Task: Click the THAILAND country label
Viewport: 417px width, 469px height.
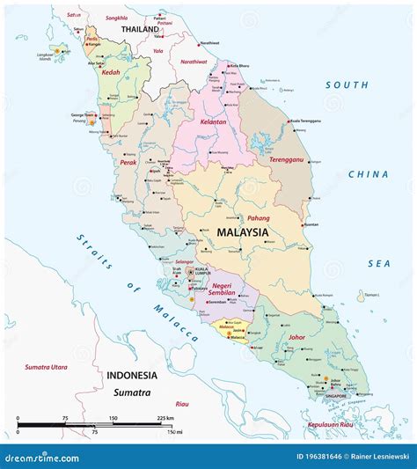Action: click(x=140, y=29)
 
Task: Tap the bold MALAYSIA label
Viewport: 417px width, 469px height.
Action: click(x=242, y=232)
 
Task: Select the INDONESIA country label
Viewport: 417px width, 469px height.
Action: click(x=132, y=375)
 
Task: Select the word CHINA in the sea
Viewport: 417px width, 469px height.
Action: click(x=368, y=174)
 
